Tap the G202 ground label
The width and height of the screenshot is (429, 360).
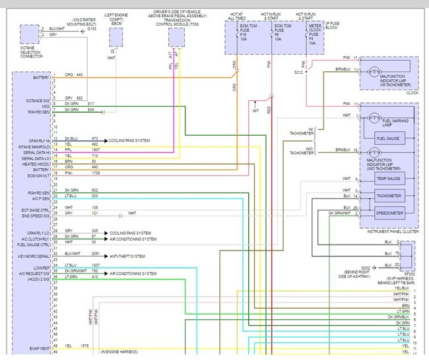365,267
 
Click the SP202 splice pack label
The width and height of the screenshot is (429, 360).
407,270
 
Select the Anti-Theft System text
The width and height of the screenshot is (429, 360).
128,256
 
